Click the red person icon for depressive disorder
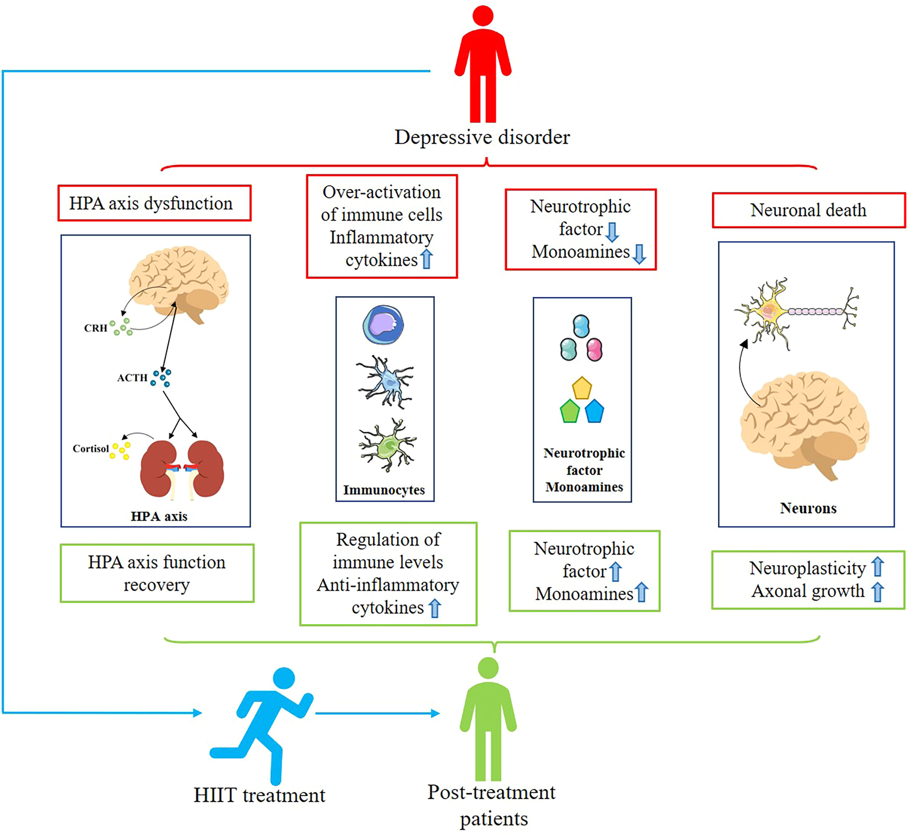(x=483, y=65)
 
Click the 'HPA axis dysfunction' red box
(x=154, y=203)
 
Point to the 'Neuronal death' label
(x=808, y=210)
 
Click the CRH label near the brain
(x=96, y=328)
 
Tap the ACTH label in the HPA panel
(x=132, y=378)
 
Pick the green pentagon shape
(x=569, y=412)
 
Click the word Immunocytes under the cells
(x=384, y=490)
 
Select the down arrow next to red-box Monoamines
(x=639, y=254)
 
